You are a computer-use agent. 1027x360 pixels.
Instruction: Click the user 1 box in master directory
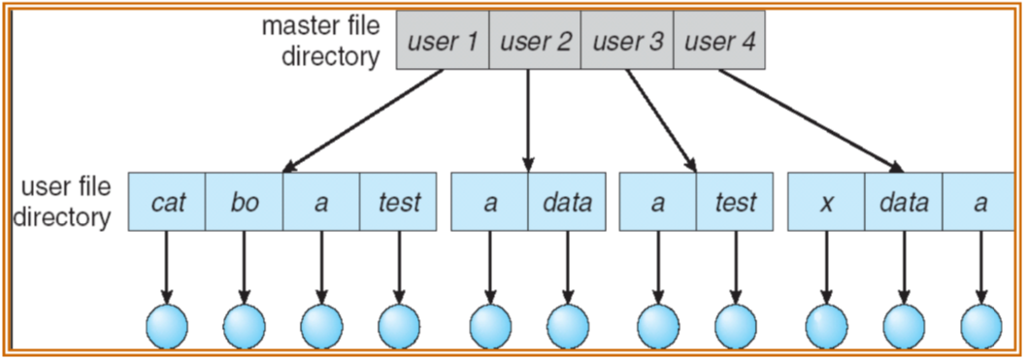pyautogui.click(x=443, y=43)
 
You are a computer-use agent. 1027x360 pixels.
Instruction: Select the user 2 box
pyautogui.click(x=535, y=43)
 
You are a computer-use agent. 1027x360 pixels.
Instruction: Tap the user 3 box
pyautogui.click(x=626, y=43)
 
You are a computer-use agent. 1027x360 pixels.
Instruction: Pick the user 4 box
pyautogui.click(x=719, y=43)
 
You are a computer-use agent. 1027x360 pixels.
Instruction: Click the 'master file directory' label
pyautogui.click(x=321, y=41)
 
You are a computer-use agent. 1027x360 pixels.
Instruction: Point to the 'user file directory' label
pyautogui.click(x=67, y=201)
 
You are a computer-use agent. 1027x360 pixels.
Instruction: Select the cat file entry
pyautogui.click(x=168, y=203)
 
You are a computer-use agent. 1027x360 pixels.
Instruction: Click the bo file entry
pyautogui.click(x=245, y=203)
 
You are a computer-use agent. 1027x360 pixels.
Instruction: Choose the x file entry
pyautogui.click(x=826, y=203)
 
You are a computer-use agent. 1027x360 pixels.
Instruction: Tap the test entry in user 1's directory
pyautogui.click(x=398, y=203)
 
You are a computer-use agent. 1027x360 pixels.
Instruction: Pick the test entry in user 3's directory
pyautogui.click(x=735, y=203)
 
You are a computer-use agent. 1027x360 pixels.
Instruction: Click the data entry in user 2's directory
pyautogui.click(x=567, y=203)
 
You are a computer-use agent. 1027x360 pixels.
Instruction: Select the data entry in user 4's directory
pyautogui.click(x=904, y=203)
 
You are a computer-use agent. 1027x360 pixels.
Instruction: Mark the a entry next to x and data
pyautogui.click(x=980, y=203)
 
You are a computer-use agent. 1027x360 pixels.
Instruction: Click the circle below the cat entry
pyautogui.click(x=167, y=324)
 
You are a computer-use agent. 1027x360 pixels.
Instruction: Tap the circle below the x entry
pyautogui.click(x=827, y=324)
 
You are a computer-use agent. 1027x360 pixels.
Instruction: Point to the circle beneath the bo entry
pyautogui.click(x=245, y=324)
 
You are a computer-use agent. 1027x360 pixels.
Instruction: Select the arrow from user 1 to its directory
pyautogui.click(x=364, y=121)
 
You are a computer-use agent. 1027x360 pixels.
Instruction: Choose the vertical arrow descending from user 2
pyautogui.click(x=529, y=121)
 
